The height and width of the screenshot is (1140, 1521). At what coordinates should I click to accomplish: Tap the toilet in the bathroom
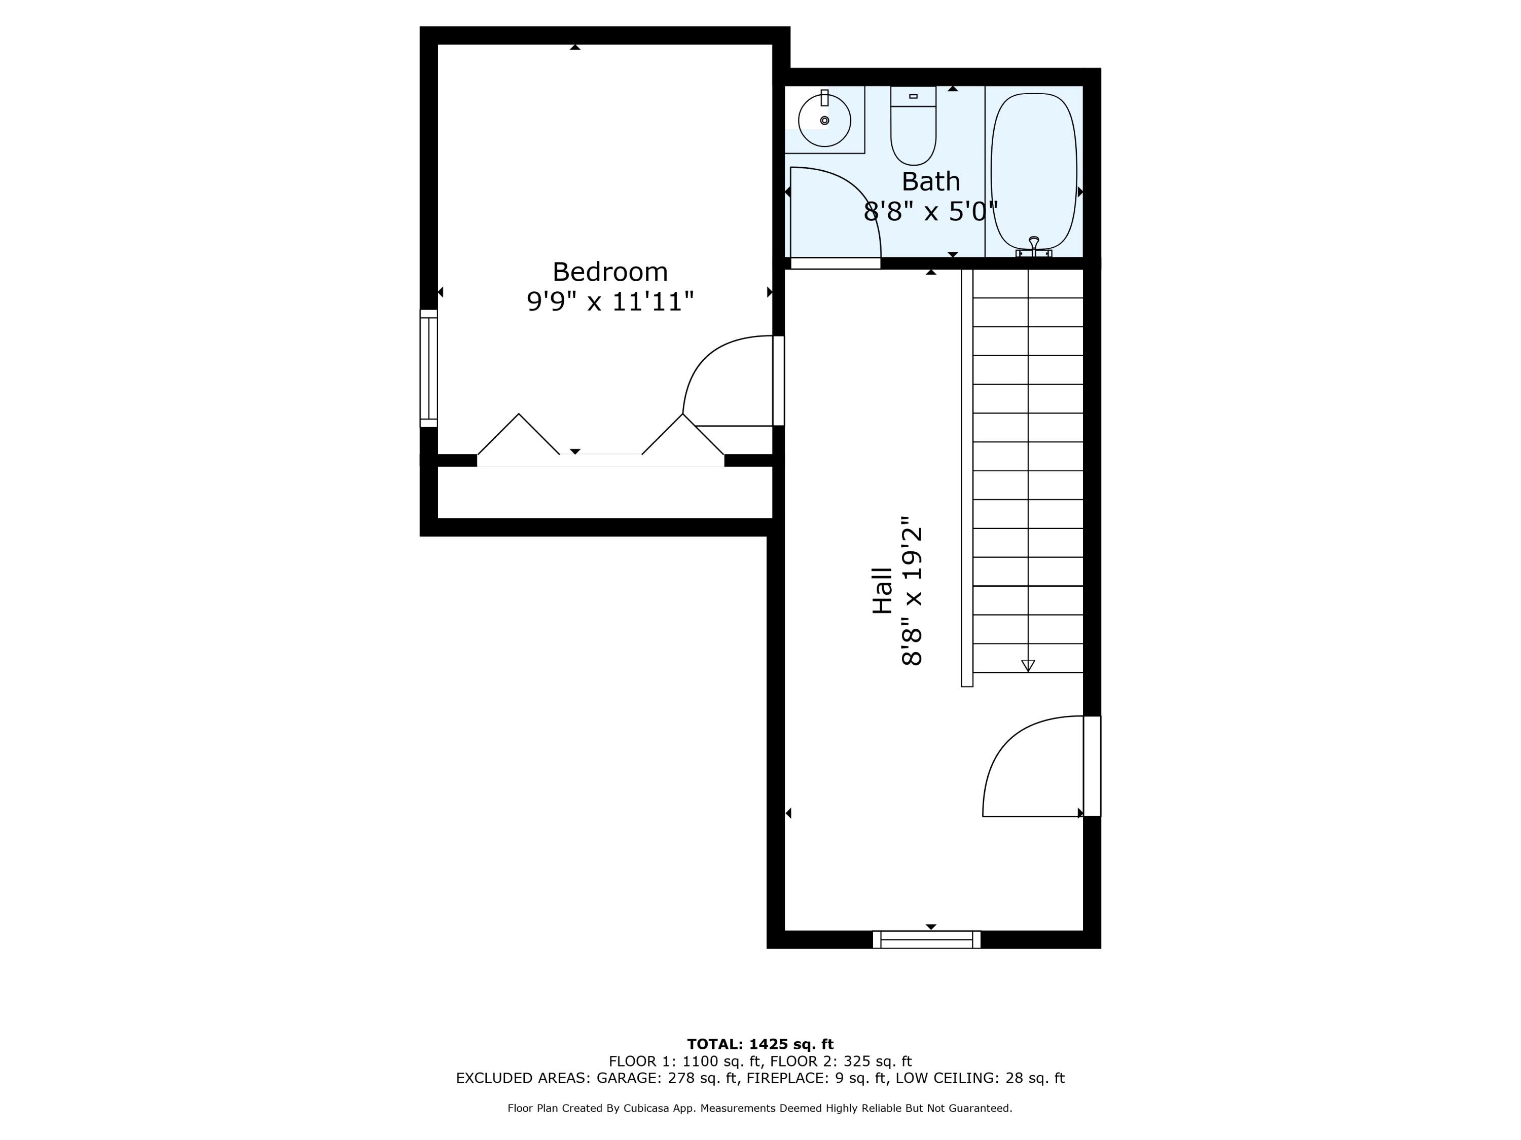click(913, 125)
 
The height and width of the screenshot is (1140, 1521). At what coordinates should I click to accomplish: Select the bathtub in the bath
click(1033, 171)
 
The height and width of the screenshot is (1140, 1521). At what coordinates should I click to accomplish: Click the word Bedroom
click(610, 272)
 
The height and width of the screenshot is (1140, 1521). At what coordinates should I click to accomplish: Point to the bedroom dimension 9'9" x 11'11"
click(610, 301)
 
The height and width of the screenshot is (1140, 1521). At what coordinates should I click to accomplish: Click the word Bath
click(930, 181)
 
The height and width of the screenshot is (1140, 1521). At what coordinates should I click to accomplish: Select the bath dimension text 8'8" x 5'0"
click(930, 211)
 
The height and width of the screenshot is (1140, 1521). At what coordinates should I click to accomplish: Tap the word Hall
click(882, 590)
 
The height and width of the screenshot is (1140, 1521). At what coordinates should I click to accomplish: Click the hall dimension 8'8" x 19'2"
click(911, 591)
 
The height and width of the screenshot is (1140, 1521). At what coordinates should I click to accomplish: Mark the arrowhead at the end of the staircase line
click(1028, 665)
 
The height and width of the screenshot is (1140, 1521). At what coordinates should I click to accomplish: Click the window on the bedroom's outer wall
click(428, 368)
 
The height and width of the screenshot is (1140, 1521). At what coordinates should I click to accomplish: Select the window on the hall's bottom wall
click(927, 939)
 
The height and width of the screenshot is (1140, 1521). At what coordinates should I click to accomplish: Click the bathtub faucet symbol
click(1033, 247)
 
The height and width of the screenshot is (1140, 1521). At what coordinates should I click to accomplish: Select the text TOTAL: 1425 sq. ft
click(760, 1044)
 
